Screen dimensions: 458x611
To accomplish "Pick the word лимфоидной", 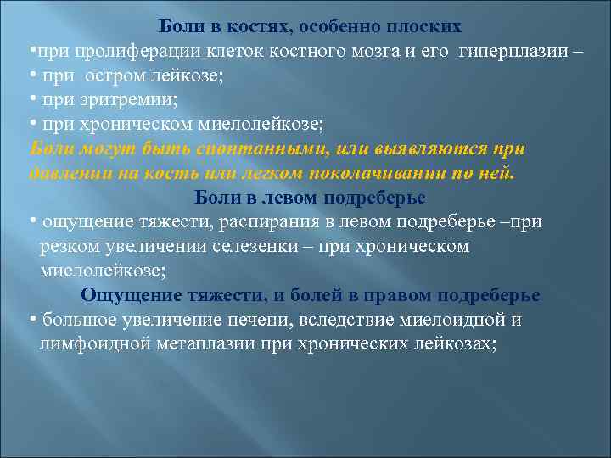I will [95, 343].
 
